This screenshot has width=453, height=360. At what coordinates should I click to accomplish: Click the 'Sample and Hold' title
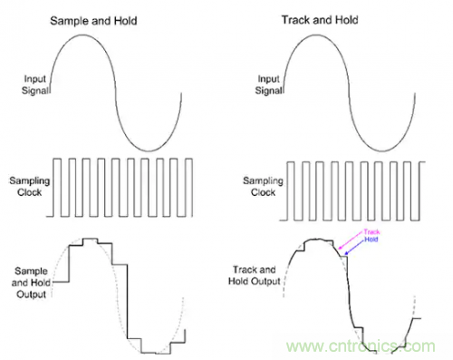coord(93,21)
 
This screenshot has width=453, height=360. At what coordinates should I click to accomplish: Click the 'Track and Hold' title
coord(320,20)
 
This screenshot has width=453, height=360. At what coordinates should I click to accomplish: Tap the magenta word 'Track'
coord(371,232)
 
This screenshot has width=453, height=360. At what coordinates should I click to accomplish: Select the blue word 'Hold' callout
coord(371,239)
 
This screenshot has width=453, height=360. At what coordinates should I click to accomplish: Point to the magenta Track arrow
coord(351,240)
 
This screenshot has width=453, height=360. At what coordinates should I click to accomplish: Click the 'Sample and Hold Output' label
coord(31,283)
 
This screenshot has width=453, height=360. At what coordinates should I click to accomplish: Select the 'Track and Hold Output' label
coord(255,276)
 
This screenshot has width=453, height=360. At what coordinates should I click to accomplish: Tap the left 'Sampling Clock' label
coord(30,187)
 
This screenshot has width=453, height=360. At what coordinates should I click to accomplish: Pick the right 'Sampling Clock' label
coord(263,187)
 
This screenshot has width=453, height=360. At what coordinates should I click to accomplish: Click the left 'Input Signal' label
coord(35,84)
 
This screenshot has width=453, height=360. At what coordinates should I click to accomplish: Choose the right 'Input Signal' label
coord(269,84)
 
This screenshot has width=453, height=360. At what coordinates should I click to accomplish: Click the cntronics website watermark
coord(361,346)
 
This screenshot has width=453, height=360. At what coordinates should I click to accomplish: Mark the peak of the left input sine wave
coord(82,34)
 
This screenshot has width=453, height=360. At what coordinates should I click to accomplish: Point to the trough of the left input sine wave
coord(149,151)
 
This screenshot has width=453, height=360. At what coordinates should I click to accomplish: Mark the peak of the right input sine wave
coord(316,34)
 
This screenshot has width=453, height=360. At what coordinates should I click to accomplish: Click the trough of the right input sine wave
coord(382,151)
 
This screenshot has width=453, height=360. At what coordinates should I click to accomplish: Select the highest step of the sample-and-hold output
coord(91,238)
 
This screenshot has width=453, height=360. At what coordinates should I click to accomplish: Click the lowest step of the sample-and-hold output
coord(149,353)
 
